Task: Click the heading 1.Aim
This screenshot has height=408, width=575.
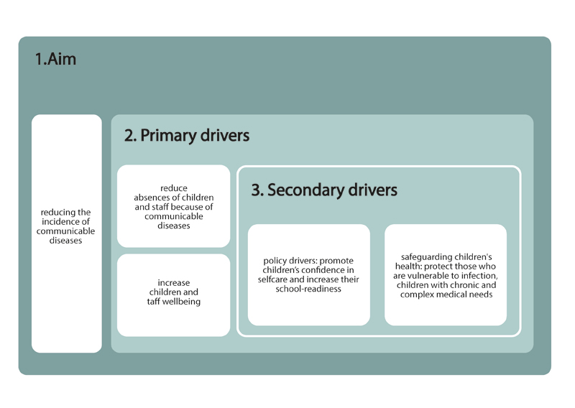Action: pos(55,60)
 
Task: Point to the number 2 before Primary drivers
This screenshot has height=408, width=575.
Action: pos(129,136)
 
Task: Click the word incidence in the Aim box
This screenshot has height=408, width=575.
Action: pos(66,222)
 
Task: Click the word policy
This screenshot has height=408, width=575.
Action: pos(277,261)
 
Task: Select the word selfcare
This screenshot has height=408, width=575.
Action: pos(274,279)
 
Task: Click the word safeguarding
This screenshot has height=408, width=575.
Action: pos(426,256)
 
